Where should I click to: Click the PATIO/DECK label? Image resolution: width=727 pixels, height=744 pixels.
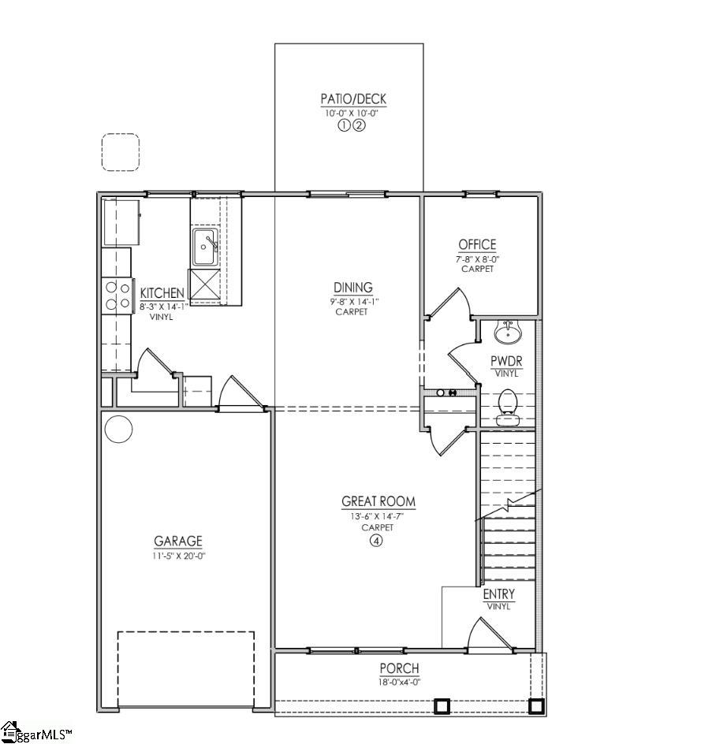coord(352,99)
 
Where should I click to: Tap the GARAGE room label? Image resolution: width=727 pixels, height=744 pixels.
coord(177,541)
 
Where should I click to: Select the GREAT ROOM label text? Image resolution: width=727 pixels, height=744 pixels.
coord(378,501)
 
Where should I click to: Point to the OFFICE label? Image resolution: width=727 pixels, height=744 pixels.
coord(477,244)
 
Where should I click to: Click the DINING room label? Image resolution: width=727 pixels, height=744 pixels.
coord(352,288)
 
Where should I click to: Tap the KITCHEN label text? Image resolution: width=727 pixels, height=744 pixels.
coord(162,293)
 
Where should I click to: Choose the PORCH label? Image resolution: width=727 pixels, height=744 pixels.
coord(401,669)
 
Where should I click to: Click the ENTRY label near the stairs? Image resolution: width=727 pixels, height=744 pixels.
coord(498,594)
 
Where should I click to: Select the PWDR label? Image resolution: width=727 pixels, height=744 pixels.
coord(507,362)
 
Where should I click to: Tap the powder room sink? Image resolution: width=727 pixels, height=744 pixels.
coord(507,333)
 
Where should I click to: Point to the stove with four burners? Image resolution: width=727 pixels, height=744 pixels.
coord(117,296)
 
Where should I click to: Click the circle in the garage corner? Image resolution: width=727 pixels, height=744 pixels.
coord(118,430)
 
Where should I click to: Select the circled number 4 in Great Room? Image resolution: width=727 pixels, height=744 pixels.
coord(376,541)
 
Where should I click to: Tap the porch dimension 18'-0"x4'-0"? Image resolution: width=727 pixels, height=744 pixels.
coord(401,682)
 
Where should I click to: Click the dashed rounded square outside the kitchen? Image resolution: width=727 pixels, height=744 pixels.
coord(121,152)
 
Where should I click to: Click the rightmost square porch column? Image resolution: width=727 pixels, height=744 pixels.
coord(536,705)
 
